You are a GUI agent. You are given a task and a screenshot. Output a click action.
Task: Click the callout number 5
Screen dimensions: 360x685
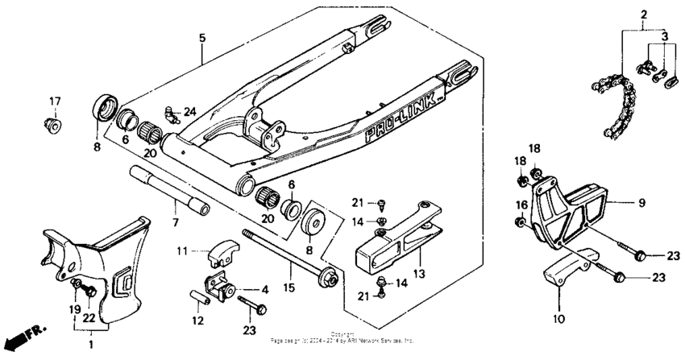click(202, 36)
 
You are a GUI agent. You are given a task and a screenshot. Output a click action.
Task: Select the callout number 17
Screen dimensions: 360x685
click(55, 101)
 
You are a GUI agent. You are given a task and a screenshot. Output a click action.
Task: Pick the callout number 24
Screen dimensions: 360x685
click(189, 111)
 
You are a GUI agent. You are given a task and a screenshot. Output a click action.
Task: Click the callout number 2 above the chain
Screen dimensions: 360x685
click(644, 15)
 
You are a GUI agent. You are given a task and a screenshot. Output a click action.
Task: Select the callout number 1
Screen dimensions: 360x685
click(91, 345)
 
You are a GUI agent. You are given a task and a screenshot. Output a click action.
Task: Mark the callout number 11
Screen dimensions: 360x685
click(182, 252)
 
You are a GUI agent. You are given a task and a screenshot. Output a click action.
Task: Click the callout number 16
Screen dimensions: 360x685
click(520, 205)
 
